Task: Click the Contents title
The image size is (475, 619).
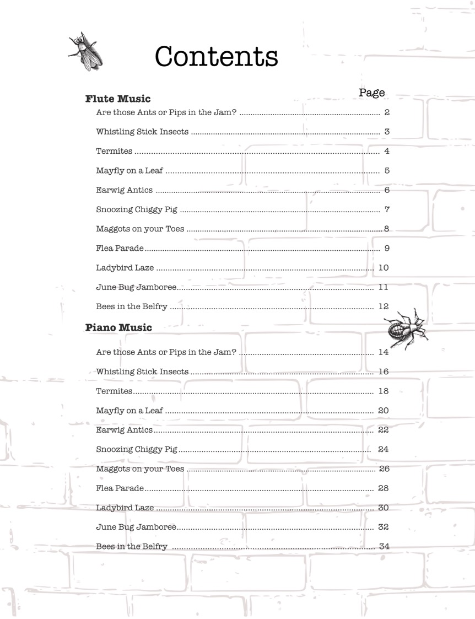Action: [x=216, y=56]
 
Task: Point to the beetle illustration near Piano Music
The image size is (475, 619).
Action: [x=404, y=329]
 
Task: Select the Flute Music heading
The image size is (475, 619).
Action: [x=118, y=99]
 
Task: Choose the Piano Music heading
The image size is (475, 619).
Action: [x=118, y=327]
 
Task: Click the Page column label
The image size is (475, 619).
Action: [x=371, y=93]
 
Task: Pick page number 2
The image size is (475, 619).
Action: [x=387, y=112]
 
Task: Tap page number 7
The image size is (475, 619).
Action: [x=387, y=209]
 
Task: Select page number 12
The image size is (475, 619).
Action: [x=384, y=306]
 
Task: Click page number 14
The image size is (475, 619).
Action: [x=384, y=352]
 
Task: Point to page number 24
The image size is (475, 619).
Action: [x=384, y=449]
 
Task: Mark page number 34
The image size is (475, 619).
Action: [x=384, y=546]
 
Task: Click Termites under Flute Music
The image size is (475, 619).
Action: [x=114, y=151]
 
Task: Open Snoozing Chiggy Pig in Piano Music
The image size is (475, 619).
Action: [x=137, y=449]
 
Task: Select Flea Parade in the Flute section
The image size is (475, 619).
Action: [x=120, y=248]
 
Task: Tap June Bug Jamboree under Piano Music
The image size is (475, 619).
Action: [x=136, y=527]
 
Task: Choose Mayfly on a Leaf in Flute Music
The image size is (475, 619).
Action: [x=129, y=171]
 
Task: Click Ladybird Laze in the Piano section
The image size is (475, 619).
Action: [x=125, y=508]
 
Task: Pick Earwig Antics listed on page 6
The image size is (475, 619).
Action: [x=124, y=190]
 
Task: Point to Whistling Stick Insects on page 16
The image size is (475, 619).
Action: [x=142, y=372]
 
